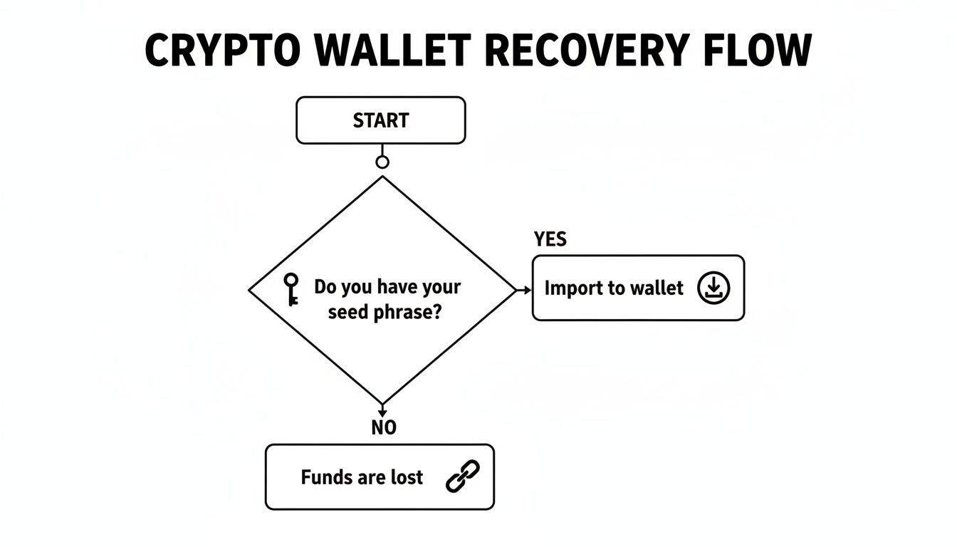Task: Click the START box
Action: (381, 120)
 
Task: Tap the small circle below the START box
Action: (382, 162)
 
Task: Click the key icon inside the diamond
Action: (291, 289)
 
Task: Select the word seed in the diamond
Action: (348, 311)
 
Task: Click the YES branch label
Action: (550, 239)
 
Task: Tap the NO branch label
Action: (384, 427)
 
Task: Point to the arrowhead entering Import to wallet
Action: (527, 290)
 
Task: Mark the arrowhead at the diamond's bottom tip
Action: (382, 411)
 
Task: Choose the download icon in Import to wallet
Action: (713, 288)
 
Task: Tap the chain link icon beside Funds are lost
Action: (463, 476)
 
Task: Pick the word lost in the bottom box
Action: (407, 476)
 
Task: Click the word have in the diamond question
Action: (396, 287)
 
